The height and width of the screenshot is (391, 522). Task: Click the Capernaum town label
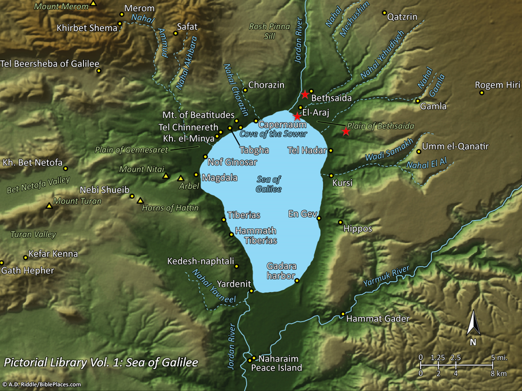click(x=282, y=124)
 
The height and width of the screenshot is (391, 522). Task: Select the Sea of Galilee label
click(x=269, y=184)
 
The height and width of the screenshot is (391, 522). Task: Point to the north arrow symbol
click(x=473, y=328)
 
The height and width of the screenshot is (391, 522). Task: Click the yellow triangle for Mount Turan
click(x=49, y=206)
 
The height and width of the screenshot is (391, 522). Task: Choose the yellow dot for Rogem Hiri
click(x=482, y=93)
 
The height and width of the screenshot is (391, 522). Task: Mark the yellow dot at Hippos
click(x=340, y=222)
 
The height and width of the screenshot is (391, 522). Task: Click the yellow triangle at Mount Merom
click(x=93, y=4)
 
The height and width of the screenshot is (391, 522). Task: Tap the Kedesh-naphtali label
click(x=200, y=262)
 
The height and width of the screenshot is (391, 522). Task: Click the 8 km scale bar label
click(x=498, y=374)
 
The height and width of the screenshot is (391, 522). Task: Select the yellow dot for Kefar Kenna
click(x=26, y=257)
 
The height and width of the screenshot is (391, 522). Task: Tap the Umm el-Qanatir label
click(x=455, y=147)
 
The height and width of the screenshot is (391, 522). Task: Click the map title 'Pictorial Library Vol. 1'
click(x=101, y=363)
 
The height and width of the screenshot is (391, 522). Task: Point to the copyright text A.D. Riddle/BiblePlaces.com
click(x=41, y=384)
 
